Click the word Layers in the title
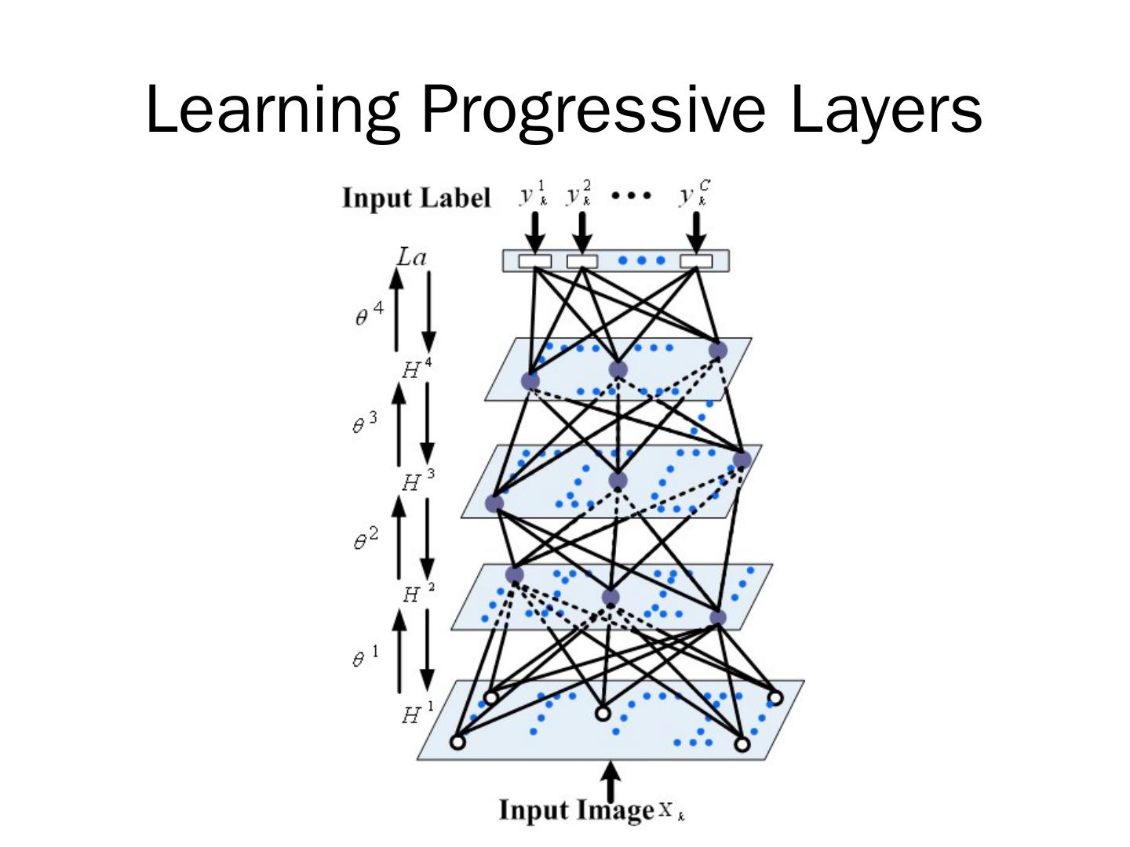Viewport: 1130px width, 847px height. click(885, 110)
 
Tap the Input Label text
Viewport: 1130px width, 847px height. click(416, 198)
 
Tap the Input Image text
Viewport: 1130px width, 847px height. click(576, 810)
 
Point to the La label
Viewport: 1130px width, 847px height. click(411, 256)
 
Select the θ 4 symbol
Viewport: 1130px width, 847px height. click(369, 314)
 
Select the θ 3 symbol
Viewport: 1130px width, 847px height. click(363, 423)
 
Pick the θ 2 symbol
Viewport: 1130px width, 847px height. click(365, 540)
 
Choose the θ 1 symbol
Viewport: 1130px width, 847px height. click(364, 656)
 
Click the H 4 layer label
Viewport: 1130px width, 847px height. click(416, 368)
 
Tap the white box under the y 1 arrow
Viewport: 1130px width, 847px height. click(534, 261)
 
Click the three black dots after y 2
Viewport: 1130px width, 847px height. click(630, 195)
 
